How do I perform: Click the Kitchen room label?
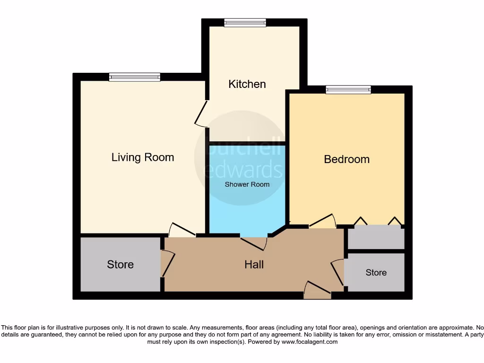(247, 84)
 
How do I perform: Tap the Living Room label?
(143, 157)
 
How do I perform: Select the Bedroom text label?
(346, 159)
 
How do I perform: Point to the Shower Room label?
(247, 184)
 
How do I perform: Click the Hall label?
(254, 265)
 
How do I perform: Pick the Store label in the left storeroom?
(120, 265)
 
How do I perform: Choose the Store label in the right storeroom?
(376, 273)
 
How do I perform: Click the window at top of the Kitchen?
(245, 22)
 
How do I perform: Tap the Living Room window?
(135, 77)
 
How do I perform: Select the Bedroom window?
(348, 89)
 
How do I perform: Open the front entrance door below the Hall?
(317, 290)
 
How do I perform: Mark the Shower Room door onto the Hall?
(254, 242)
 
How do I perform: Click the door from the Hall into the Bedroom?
(322, 221)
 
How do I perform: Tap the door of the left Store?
(168, 264)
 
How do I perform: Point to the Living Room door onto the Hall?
(182, 230)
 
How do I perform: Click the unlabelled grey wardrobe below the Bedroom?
(376, 238)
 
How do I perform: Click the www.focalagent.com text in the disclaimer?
(309, 342)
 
